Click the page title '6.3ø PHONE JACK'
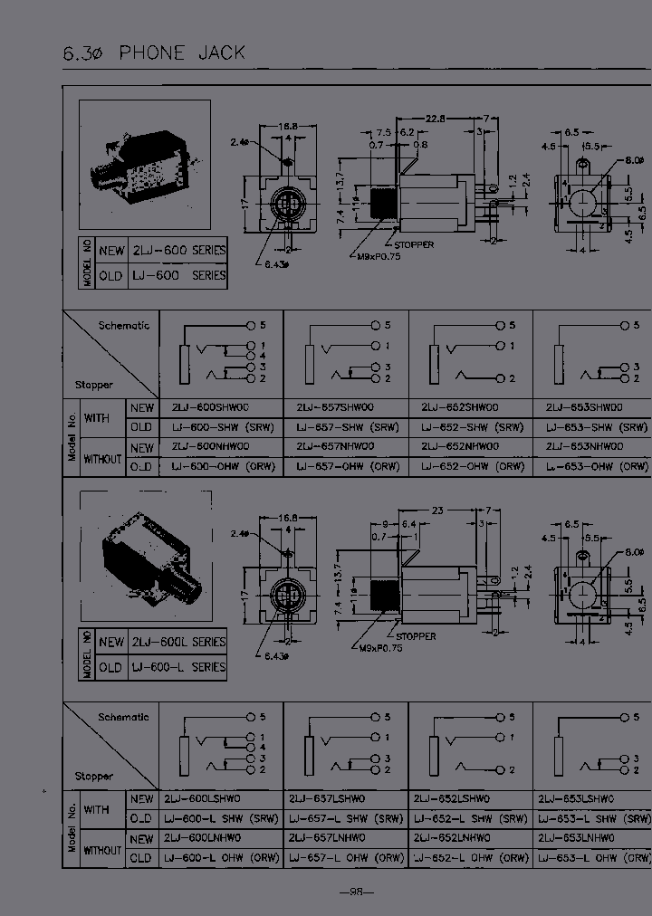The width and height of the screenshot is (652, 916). coord(154,52)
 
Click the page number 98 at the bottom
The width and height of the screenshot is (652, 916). coord(356,892)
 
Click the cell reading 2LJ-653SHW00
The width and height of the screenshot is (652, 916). coord(586,407)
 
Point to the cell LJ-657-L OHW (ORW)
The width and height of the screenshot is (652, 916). coord(345,857)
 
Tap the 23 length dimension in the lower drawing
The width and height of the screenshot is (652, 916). coord(437,510)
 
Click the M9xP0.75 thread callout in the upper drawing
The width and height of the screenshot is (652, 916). coord(373,256)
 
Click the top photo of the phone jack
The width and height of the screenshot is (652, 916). coord(146,167)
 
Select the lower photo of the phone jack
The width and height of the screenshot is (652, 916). coord(146,558)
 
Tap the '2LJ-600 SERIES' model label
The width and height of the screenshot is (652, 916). coord(178,250)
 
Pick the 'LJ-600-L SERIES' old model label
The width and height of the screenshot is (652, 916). coord(178,667)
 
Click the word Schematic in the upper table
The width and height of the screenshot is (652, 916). coord(124,325)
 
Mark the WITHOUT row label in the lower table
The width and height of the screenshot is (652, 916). coord(102,850)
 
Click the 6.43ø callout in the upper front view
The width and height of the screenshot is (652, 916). coord(277,264)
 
